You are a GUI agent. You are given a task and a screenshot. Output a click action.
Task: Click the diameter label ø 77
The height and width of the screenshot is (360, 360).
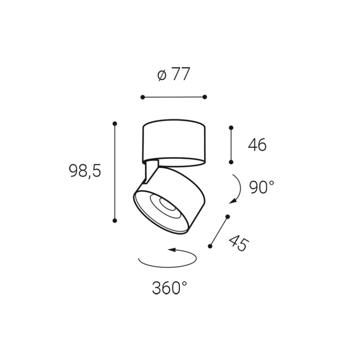click(x=174, y=75)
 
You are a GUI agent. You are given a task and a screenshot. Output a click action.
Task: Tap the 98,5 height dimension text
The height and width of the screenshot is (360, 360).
click(x=85, y=171)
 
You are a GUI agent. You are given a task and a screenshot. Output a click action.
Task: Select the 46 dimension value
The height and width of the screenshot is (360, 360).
click(x=257, y=145)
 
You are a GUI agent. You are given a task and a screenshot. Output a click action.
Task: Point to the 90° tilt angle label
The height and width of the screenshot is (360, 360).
click(x=262, y=187)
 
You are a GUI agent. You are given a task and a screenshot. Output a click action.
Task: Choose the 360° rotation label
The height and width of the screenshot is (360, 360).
click(x=169, y=288)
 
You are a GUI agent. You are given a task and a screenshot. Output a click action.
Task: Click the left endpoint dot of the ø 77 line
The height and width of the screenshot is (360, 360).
click(x=143, y=97)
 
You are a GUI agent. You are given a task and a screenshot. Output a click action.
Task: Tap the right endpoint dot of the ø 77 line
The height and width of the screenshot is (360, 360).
click(x=204, y=97)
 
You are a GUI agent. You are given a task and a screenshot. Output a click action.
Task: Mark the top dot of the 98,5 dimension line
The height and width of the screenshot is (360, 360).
click(x=115, y=124)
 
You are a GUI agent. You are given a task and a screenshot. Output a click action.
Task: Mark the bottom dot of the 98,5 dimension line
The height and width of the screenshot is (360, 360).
click(x=115, y=221)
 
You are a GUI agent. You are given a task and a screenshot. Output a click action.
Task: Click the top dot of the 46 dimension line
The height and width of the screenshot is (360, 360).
click(x=231, y=128)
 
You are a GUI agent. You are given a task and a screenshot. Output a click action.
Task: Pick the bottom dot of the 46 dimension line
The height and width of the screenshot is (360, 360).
click(x=231, y=162)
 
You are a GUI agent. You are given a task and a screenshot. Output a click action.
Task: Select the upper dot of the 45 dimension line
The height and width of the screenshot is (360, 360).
click(x=228, y=216)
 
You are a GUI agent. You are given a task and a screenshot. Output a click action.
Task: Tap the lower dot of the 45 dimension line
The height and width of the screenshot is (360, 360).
click(x=210, y=246)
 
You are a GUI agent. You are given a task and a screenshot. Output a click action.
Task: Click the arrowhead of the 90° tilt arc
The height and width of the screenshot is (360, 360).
click(x=232, y=202)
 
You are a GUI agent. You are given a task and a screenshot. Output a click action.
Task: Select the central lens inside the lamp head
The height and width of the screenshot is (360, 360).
click(x=166, y=204)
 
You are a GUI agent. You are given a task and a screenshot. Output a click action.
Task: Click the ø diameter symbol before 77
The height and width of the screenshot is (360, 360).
click(x=162, y=75)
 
